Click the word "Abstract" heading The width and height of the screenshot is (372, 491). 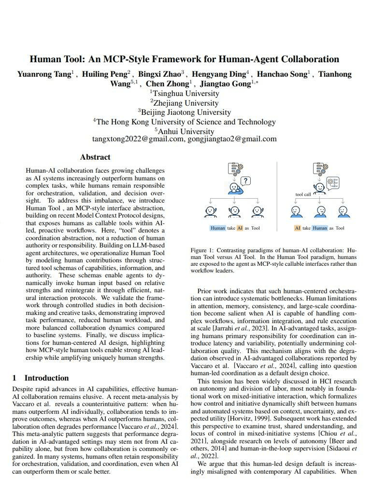point(95,157)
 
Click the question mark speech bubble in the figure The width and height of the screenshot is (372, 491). point(246,181)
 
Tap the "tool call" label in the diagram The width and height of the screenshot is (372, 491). point(303,194)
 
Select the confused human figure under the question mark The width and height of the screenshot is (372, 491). point(234,187)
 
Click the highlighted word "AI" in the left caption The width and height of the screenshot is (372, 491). point(240,228)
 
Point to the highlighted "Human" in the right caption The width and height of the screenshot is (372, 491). point(319,228)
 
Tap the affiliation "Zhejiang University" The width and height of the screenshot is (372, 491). point(186,103)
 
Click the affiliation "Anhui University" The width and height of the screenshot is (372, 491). point(186,131)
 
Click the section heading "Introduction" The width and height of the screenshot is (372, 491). point(46,378)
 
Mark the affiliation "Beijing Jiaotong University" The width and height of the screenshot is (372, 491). point(186,112)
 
